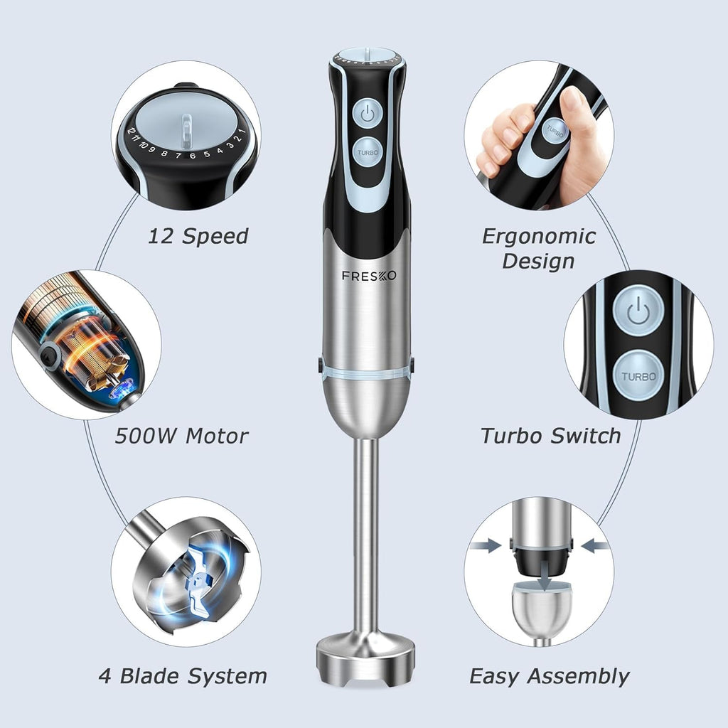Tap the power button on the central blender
pos(367,112)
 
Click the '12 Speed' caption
pos(198,236)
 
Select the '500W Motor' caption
pos(181,435)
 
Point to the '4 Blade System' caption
pos(183,675)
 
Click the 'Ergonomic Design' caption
pos(539,248)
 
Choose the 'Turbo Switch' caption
pos(551,435)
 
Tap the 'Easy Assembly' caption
pos(550,675)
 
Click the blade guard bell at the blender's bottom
pos(365,651)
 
